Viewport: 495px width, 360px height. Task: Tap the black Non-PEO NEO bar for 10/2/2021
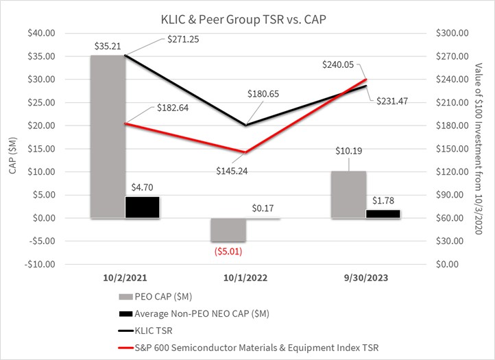coord(142,207)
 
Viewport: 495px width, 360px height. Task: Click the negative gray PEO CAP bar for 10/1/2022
coord(228,230)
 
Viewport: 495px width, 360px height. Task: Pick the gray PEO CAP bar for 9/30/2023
coord(349,195)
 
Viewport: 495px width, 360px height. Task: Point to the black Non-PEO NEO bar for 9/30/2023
coord(383,214)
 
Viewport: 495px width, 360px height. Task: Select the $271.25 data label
coord(184,40)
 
